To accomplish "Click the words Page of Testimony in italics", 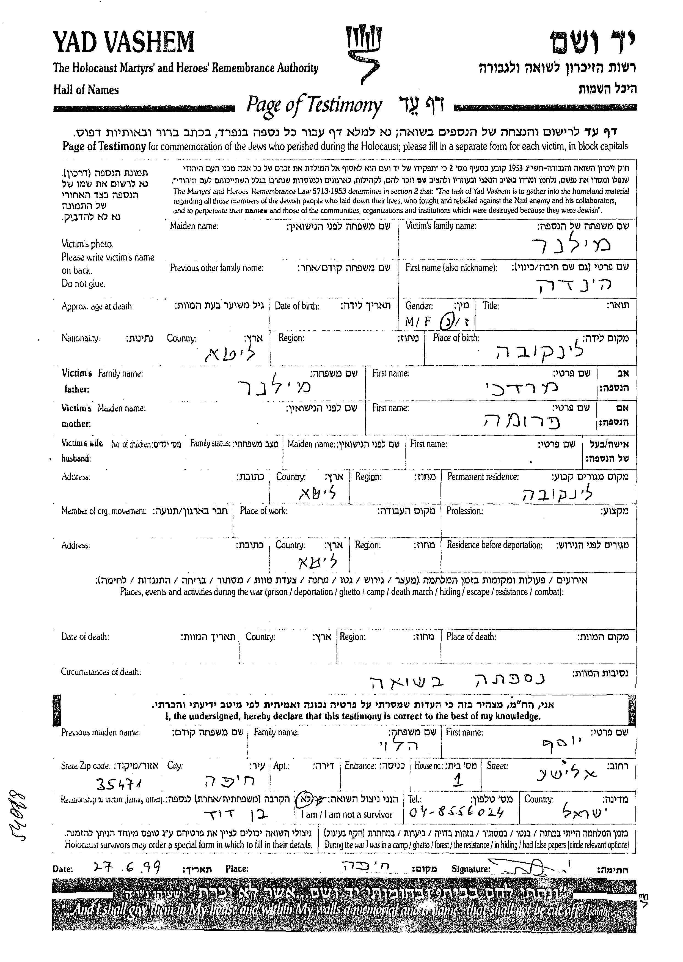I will (314, 105).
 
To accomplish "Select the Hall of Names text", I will (86, 90).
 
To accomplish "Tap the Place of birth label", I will (456, 338).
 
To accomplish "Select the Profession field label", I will (464, 511).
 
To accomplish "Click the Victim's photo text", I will (87, 244).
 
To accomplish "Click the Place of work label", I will (263, 511).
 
